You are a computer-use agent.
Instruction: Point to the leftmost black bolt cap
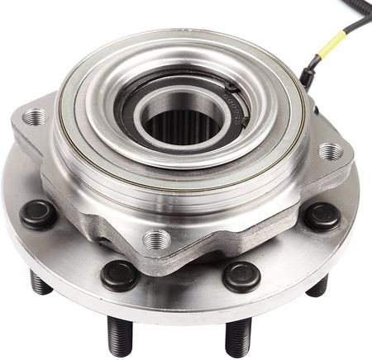(38, 215)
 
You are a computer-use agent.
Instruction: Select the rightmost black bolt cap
(322, 216)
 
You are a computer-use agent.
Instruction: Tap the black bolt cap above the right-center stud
(241, 277)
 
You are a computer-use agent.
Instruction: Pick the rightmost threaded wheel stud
(318, 286)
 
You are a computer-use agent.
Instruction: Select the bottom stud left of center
(121, 335)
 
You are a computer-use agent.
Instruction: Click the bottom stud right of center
(238, 337)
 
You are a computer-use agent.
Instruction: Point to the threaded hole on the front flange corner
(156, 240)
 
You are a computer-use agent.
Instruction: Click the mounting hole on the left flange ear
(36, 118)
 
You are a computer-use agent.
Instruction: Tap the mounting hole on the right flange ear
(329, 151)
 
